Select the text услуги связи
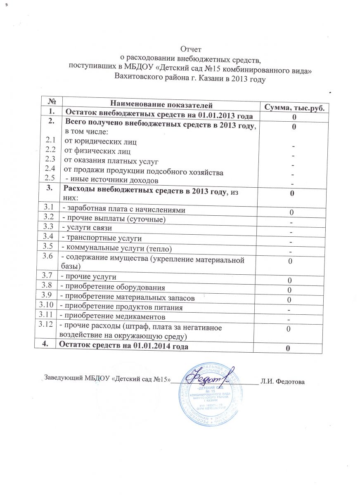click(87, 227)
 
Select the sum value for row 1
click(293, 118)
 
